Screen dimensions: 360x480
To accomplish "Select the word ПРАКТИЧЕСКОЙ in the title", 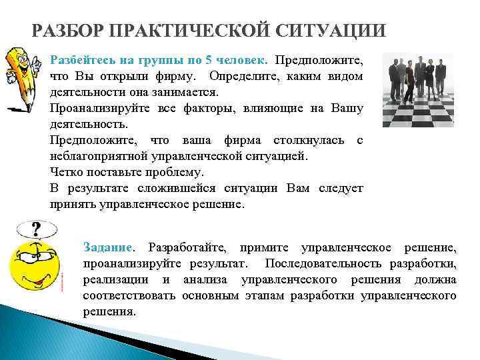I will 180,31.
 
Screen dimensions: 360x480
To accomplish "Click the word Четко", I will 67,172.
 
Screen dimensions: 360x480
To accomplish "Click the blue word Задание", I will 107,248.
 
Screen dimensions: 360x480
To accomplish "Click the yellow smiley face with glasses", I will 33,270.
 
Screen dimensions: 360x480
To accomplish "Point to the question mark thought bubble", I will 35,230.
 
